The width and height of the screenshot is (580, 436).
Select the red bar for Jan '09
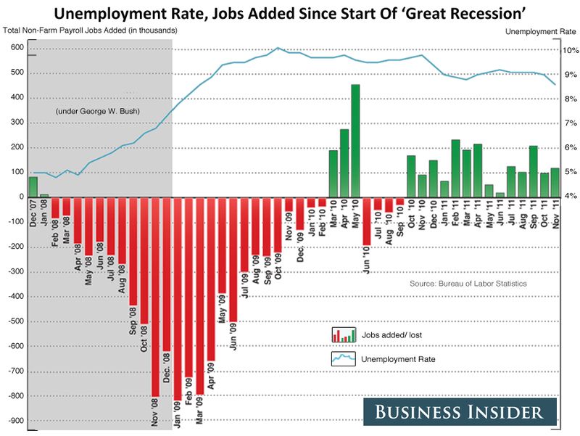click(x=178, y=297)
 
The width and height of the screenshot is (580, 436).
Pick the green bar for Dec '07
click(x=33, y=186)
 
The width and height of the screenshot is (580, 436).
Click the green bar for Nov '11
click(x=555, y=182)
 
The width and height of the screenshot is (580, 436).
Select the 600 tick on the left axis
click(x=17, y=48)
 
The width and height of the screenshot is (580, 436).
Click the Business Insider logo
click(x=459, y=413)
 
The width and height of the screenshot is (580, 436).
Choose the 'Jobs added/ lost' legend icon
click(x=344, y=334)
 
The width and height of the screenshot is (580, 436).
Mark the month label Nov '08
click(x=155, y=416)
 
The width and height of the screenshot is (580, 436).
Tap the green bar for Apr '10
click(x=344, y=163)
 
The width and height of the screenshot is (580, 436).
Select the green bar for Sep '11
click(x=533, y=171)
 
